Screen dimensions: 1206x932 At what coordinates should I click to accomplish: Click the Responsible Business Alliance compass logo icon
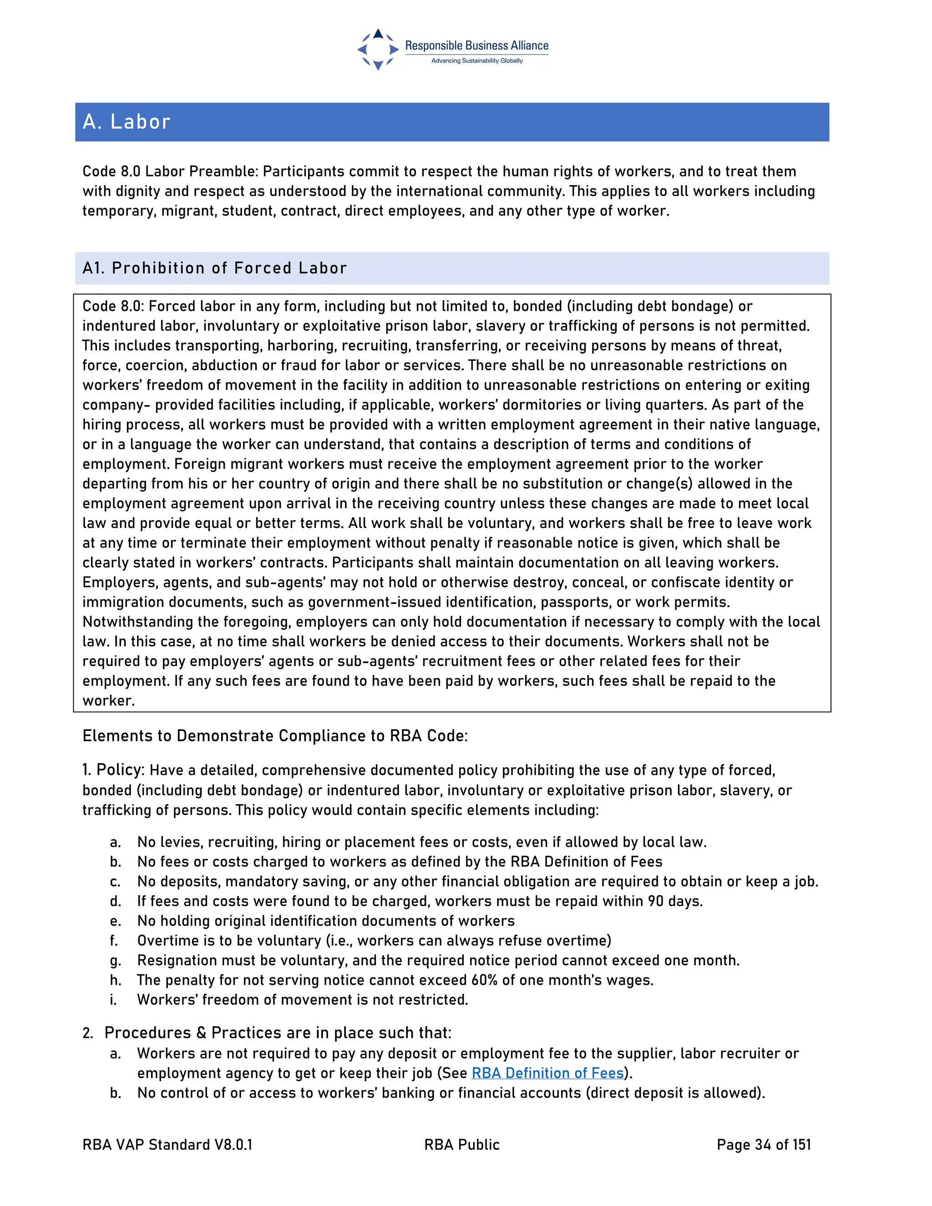coord(378,50)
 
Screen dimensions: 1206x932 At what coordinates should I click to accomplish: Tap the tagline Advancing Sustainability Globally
coord(476,61)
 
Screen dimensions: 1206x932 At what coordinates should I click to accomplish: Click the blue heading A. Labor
coord(127,122)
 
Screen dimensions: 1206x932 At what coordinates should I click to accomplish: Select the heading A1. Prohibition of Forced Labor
coord(214,269)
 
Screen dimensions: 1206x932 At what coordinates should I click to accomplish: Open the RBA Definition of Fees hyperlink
coord(547,1073)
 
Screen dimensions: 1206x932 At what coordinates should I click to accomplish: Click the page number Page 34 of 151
coord(764,1145)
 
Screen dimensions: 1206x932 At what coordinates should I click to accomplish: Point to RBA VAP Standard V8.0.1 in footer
coord(167,1145)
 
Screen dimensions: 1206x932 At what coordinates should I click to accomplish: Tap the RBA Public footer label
coord(461,1145)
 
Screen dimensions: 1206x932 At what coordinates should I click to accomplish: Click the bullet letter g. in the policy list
coord(115,961)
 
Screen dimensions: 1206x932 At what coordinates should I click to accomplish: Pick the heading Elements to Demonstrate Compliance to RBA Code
coord(275,736)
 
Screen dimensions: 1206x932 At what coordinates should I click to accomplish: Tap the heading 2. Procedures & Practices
coord(267,1033)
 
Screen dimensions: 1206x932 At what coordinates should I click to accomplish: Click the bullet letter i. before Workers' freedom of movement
coord(113,1000)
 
